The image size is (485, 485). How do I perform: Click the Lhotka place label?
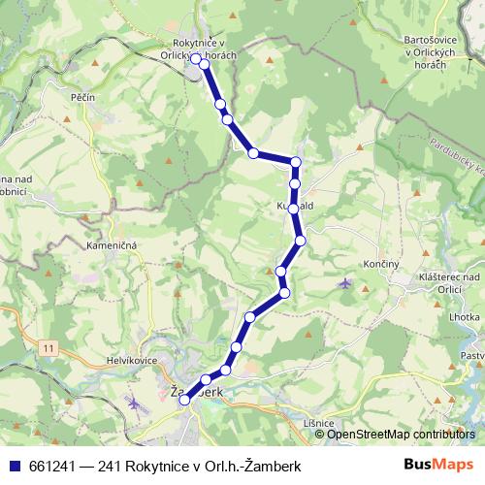(465, 317)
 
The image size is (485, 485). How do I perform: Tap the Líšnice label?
(318, 423)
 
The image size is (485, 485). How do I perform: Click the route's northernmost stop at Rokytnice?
(196, 58)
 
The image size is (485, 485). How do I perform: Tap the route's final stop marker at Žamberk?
(185, 401)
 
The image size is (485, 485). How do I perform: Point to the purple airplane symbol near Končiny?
(346, 283)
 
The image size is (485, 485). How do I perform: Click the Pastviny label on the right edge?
(472, 356)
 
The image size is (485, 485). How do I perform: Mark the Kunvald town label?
(292, 207)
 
